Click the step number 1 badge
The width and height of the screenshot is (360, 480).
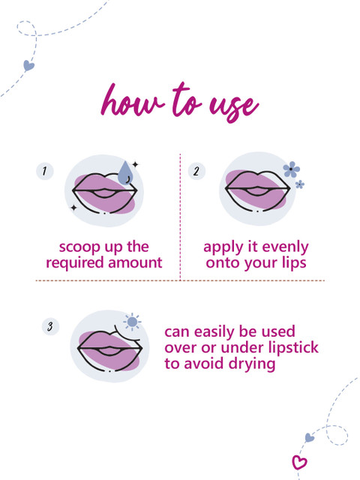click(x=45, y=171)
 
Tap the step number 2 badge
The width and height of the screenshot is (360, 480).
click(x=196, y=171)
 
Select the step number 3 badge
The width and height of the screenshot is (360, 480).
click(x=50, y=326)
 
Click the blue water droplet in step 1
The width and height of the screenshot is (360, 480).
click(x=125, y=173)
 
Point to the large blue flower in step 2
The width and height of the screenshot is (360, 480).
click(x=291, y=169)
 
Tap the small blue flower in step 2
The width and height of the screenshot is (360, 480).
click(x=300, y=184)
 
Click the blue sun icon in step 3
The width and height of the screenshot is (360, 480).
click(x=132, y=322)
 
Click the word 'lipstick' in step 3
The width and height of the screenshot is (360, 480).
click(x=293, y=348)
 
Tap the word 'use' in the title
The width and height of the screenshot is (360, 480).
click(x=234, y=107)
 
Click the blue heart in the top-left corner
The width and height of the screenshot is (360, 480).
click(x=28, y=65)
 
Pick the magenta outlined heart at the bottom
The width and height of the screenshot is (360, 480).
click(x=299, y=462)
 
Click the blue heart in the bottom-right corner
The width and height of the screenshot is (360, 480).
click(x=310, y=437)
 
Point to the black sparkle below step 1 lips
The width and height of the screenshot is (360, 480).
click(x=73, y=208)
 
